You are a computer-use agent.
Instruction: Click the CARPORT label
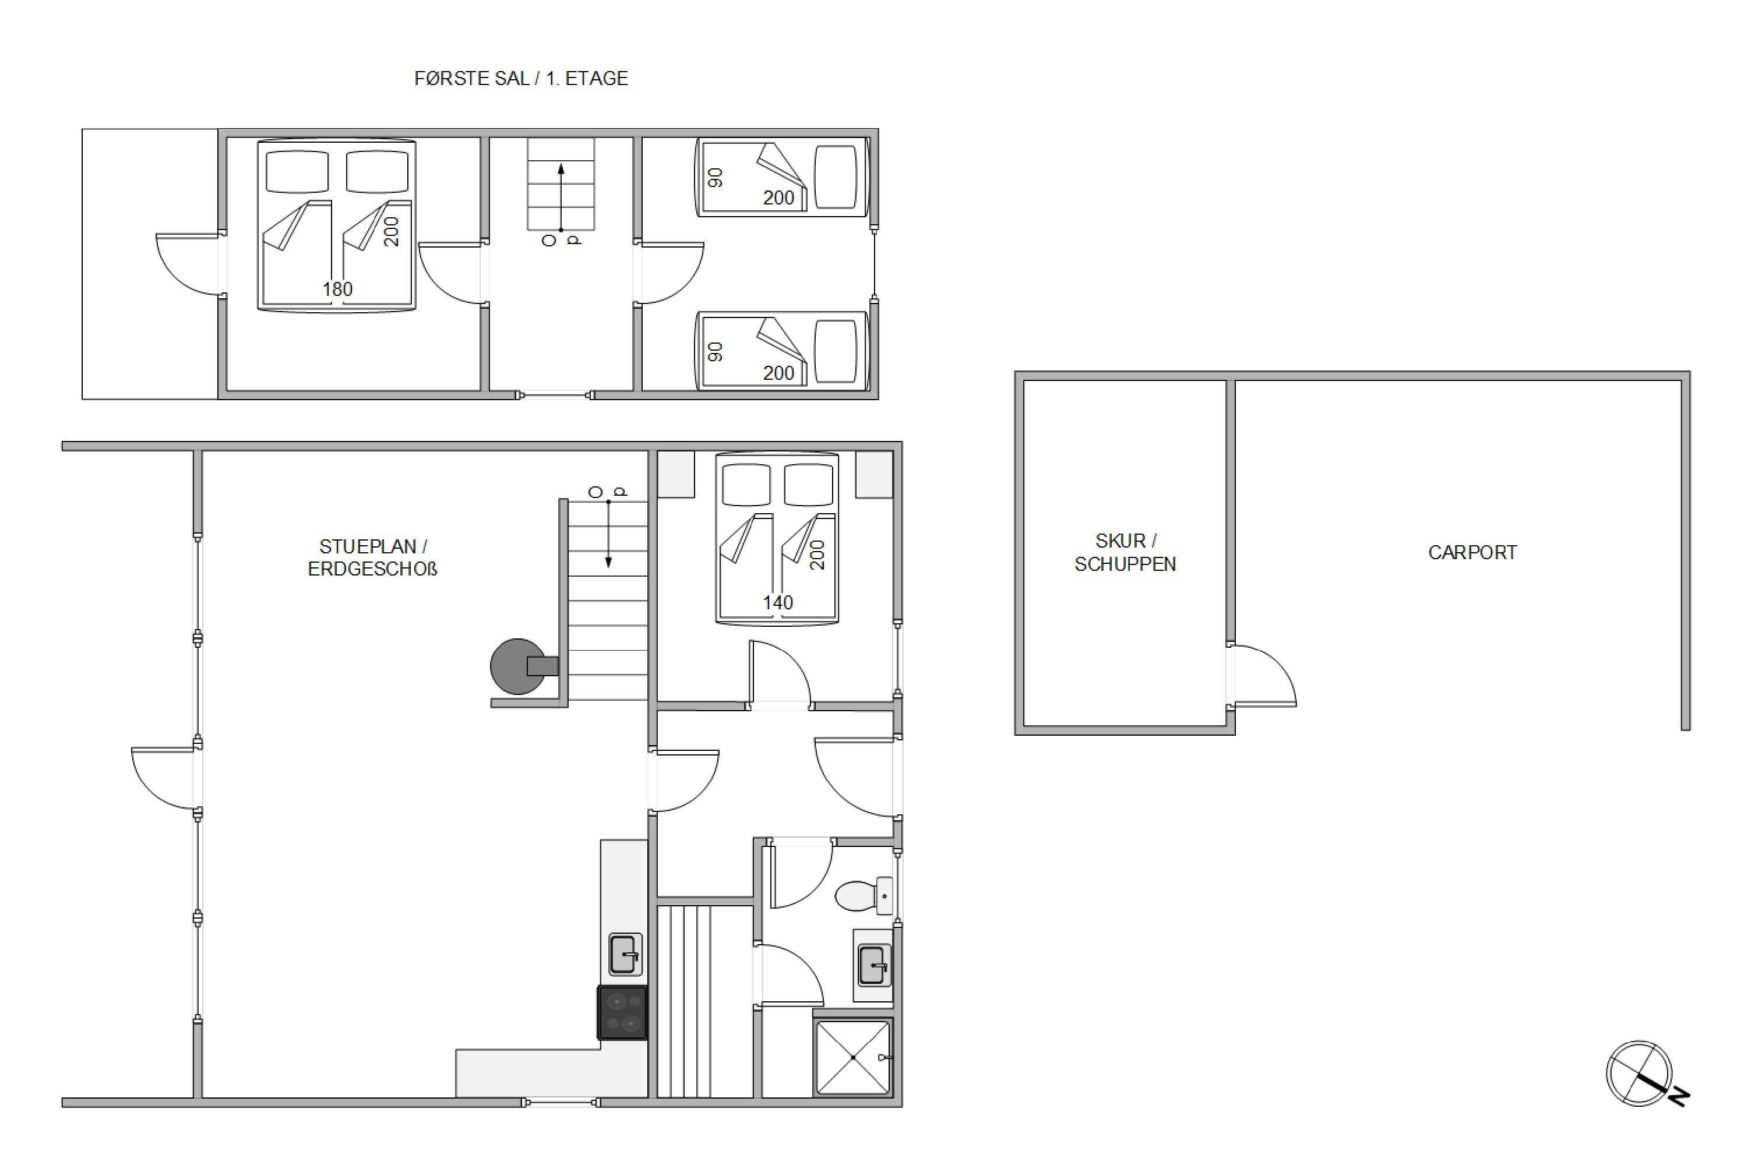pyautogui.click(x=1472, y=552)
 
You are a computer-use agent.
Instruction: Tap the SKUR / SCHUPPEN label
pyautogui.click(x=1125, y=552)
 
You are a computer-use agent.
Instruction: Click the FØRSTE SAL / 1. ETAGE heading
pyautogui.click(x=521, y=78)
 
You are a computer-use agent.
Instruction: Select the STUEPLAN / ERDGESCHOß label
pyautogui.click(x=372, y=557)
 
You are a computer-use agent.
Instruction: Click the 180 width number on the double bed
pyautogui.click(x=337, y=289)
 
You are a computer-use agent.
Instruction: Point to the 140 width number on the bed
pyautogui.click(x=777, y=602)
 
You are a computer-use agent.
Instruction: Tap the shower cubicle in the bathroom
pyautogui.click(x=853, y=1057)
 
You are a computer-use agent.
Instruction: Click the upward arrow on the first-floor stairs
pyautogui.click(x=561, y=197)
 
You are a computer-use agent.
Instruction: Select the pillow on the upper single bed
pyautogui.click(x=836, y=177)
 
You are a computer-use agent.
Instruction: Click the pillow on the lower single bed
pyautogui.click(x=836, y=351)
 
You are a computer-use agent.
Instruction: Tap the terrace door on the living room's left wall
pyautogui.click(x=164, y=778)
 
